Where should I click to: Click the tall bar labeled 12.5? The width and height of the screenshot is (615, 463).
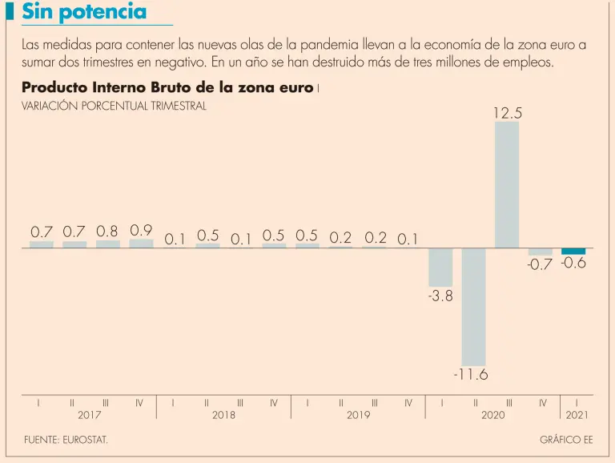click(507, 184)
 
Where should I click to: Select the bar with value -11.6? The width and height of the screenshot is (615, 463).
click(473, 307)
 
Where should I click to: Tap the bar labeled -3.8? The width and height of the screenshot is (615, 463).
click(440, 268)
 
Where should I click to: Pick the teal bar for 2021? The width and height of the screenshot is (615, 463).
click(573, 252)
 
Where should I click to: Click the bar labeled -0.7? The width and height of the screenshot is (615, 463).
click(541, 252)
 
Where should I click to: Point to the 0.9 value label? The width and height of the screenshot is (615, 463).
click(141, 231)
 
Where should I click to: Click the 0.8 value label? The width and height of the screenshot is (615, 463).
click(107, 231)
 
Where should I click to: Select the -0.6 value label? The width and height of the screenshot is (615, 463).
click(573, 264)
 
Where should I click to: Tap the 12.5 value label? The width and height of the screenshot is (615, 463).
click(507, 114)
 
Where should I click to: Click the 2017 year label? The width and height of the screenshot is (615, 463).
click(90, 415)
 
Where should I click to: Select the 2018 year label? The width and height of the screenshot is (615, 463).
click(223, 415)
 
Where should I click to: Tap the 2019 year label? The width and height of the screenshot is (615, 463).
click(358, 415)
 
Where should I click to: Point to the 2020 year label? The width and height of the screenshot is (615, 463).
click(492, 415)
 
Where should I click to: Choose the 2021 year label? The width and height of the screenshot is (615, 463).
click(577, 415)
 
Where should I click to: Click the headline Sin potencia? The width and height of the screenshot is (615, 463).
click(84, 12)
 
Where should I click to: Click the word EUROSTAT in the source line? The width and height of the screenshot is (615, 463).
click(86, 441)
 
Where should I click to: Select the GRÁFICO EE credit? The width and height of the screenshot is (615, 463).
click(566, 441)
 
